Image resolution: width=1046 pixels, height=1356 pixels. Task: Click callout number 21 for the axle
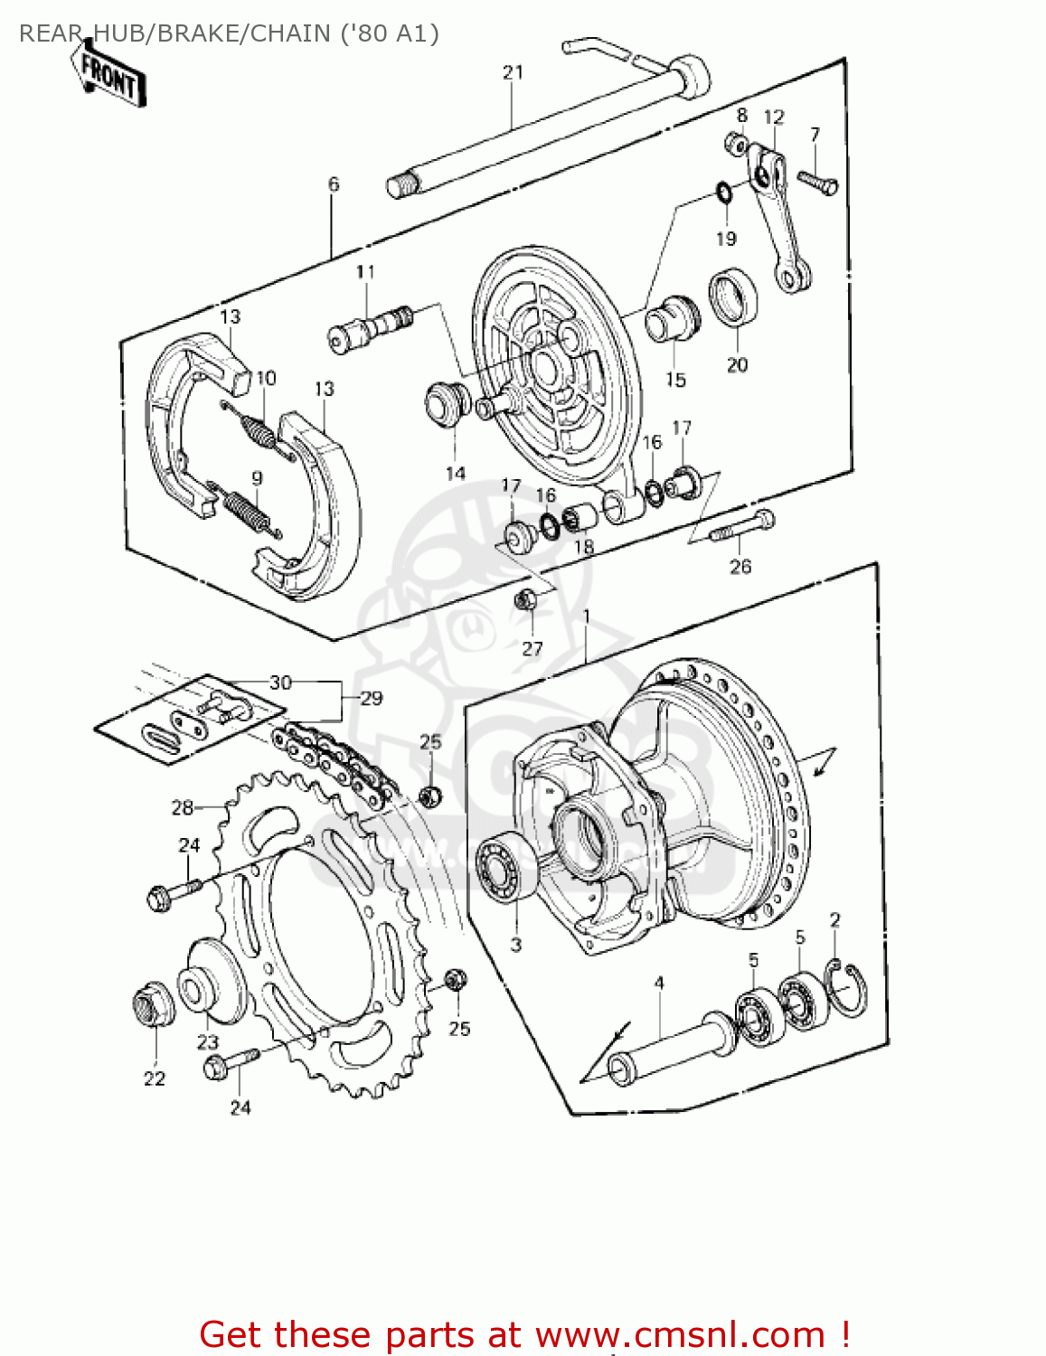coord(513,72)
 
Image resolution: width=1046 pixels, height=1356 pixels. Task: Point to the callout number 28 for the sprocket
coord(182,807)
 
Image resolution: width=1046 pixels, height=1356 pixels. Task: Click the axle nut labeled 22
coord(155,1004)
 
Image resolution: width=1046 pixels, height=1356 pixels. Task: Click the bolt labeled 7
coord(817,184)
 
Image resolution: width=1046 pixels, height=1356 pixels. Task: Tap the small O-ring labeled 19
coord(724,193)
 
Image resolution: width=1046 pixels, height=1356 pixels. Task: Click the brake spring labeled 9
coord(247,510)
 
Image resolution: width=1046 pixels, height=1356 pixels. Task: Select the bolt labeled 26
coord(741,528)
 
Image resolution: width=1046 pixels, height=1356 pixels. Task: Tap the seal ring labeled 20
coord(733,297)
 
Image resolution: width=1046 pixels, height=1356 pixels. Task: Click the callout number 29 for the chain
coord(371,698)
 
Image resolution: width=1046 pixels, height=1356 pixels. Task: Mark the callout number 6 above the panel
coord(333,184)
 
